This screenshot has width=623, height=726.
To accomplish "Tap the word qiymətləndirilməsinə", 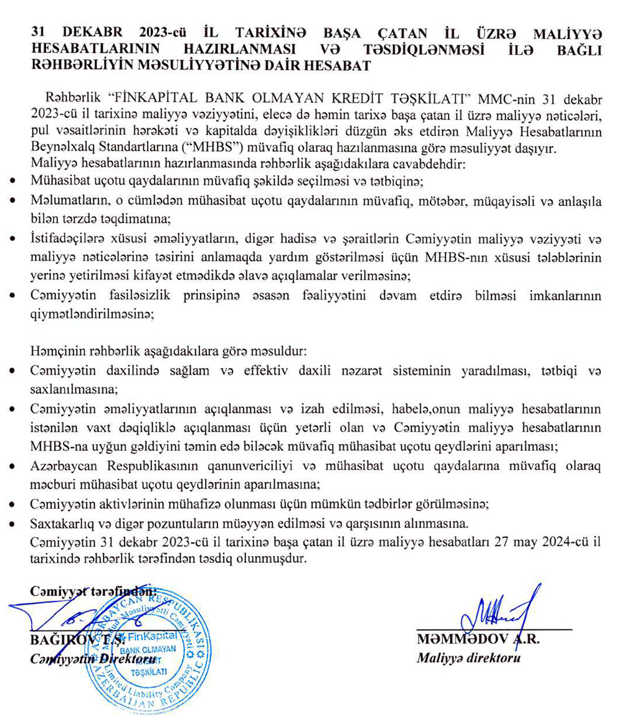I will tap(91, 314).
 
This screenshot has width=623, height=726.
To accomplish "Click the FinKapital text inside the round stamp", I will tap(153, 636).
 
